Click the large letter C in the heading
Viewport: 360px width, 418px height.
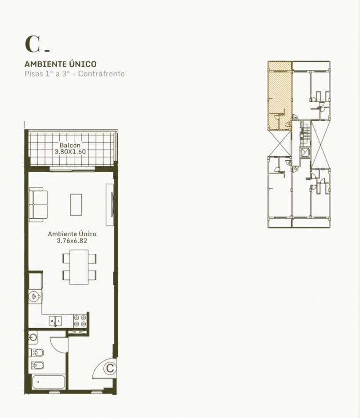tap(33, 44)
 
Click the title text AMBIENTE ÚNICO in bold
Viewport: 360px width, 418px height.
tap(61, 64)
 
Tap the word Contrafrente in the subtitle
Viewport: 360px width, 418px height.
tap(102, 73)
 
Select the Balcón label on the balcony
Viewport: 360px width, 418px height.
tap(70, 145)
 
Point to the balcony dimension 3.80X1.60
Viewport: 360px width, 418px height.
tap(70, 152)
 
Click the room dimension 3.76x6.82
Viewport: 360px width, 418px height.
tap(72, 241)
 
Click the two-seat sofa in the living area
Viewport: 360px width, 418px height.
tap(38, 205)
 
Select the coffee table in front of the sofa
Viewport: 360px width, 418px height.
tap(76, 205)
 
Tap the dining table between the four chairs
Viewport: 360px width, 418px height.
tap(79, 267)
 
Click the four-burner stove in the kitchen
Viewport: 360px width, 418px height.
tap(80, 321)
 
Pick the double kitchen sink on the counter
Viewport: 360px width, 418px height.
tap(55, 321)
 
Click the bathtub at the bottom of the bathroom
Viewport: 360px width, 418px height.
tap(49, 382)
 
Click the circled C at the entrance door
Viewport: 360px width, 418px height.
tap(110, 368)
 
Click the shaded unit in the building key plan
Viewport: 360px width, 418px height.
tap(280, 96)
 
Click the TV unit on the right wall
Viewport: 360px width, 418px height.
tap(110, 205)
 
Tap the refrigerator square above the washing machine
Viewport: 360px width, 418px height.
tap(36, 281)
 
